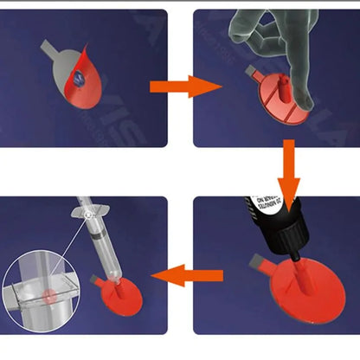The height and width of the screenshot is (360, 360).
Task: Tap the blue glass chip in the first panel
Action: pos(79,79)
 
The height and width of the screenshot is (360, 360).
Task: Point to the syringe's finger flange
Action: pos(90,212)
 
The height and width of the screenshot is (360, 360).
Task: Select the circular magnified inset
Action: pos(38,294)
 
